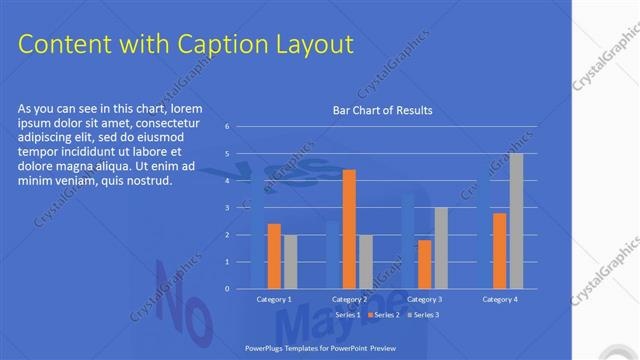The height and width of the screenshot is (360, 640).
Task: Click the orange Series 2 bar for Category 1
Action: pyautogui.click(x=274, y=256)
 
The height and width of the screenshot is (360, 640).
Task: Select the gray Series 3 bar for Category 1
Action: pyautogui.click(x=290, y=262)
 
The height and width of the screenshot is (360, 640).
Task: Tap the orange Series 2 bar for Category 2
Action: pyautogui.click(x=349, y=229)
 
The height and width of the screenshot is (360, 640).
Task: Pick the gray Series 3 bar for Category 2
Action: pyautogui.click(x=365, y=262)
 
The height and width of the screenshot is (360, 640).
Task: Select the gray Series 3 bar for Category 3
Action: pyautogui.click(x=441, y=248)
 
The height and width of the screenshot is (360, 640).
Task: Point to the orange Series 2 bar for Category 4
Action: pyautogui.click(x=500, y=251)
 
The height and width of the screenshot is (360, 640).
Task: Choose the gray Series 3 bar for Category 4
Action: pyautogui.click(x=516, y=221)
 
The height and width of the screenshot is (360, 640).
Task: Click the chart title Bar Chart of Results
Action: pyautogui.click(x=382, y=111)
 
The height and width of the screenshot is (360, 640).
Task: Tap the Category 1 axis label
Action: pyautogui.click(x=274, y=299)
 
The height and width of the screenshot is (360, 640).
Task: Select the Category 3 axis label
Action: pyautogui.click(x=425, y=299)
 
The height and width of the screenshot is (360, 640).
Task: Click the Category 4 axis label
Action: pyautogui.click(x=500, y=299)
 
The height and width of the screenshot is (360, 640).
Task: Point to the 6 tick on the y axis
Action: pyautogui.click(x=228, y=126)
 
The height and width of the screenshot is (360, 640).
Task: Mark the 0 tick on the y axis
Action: pyautogui.click(x=228, y=289)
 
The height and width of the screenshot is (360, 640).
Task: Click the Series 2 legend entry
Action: pyautogui.click(x=385, y=315)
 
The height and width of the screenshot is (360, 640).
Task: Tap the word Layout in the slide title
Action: pyautogui.click(x=312, y=44)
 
